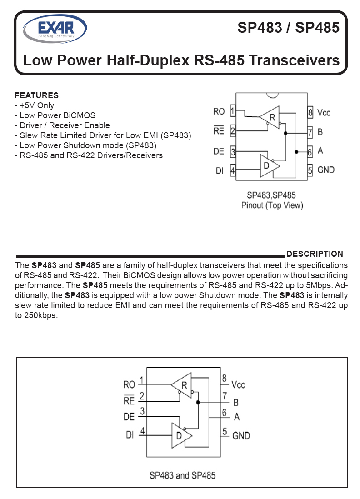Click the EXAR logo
(55, 29)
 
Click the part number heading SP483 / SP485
(288, 27)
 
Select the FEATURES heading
(37, 95)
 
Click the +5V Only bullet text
(37, 105)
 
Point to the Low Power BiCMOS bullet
(58, 115)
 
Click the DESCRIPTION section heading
(315, 254)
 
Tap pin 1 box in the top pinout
(233, 111)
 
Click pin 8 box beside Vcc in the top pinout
(310, 112)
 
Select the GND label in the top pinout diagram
(326, 170)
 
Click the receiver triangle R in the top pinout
(270, 117)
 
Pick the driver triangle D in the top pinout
(270, 166)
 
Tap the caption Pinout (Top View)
(272, 205)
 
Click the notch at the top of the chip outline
(272, 95)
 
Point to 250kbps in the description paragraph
(41, 316)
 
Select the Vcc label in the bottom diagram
(238, 385)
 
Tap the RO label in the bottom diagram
(129, 385)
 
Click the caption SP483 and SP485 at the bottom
(182, 475)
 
